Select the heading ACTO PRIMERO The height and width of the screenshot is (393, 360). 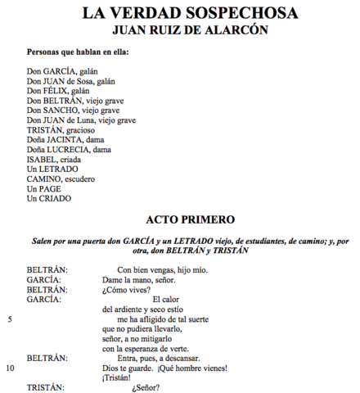191,219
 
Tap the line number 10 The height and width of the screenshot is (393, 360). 11,368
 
